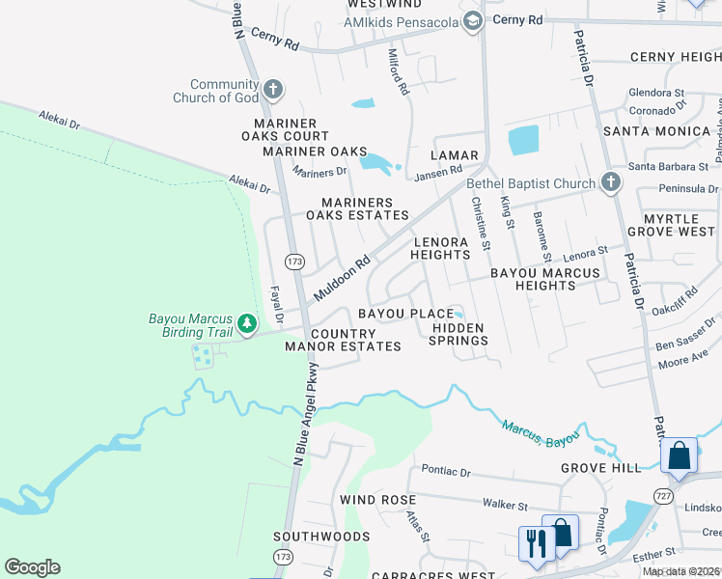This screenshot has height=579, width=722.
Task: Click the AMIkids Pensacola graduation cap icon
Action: [472, 21]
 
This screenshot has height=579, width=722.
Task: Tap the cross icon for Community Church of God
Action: [273, 91]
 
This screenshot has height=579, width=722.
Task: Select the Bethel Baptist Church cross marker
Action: [610, 182]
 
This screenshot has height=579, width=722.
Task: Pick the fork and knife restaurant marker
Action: [534, 541]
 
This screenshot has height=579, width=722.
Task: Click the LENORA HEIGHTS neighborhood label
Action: [441, 248]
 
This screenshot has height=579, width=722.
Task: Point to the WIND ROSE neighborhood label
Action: [377, 500]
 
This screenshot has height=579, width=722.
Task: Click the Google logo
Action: [32, 567]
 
